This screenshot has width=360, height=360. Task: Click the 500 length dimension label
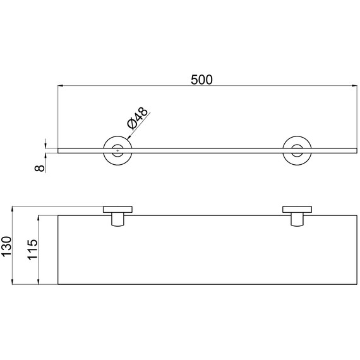tap(201, 80)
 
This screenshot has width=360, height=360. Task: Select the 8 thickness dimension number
tap(40, 168)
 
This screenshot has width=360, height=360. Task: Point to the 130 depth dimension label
tap(6, 246)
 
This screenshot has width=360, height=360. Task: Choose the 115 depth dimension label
tap(32, 250)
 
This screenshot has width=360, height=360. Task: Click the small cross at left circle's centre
tap(117, 150)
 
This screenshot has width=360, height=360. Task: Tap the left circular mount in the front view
tap(104, 150)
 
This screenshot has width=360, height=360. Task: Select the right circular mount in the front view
tap(283, 150)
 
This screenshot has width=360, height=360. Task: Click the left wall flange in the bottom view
tap(117, 210)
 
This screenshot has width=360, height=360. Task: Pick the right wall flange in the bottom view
tap(297, 210)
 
